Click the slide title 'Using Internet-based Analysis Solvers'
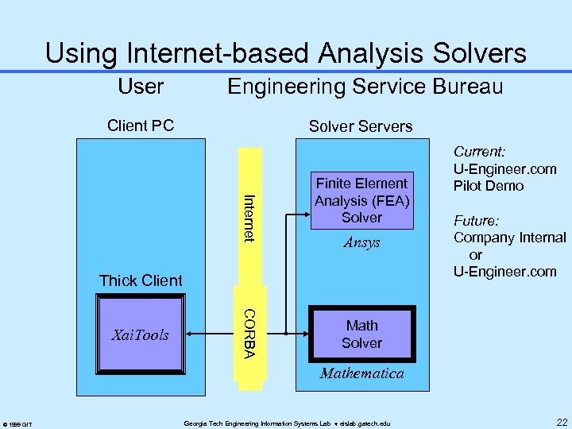(x=286, y=53)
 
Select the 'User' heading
(x=140, y=86)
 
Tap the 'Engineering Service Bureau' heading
(x=365, y=86)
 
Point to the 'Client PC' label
(x=141, y=126)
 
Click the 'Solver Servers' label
(x=361, y=126)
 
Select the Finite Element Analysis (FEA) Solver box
(x=361, y=200)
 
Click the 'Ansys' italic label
(x=361, y=243)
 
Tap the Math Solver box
(x=361, y=334)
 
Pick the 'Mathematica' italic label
(x=361, y=373)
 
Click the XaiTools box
(x=141, y=334)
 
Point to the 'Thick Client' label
(x=141, y=280)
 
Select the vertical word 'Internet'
(x=249, y=218)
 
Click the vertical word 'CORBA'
(x=249, y=333)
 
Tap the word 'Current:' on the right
(x=480, y=151)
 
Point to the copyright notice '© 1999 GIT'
(x=17, y=424)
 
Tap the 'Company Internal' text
(x=509, y=238)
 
